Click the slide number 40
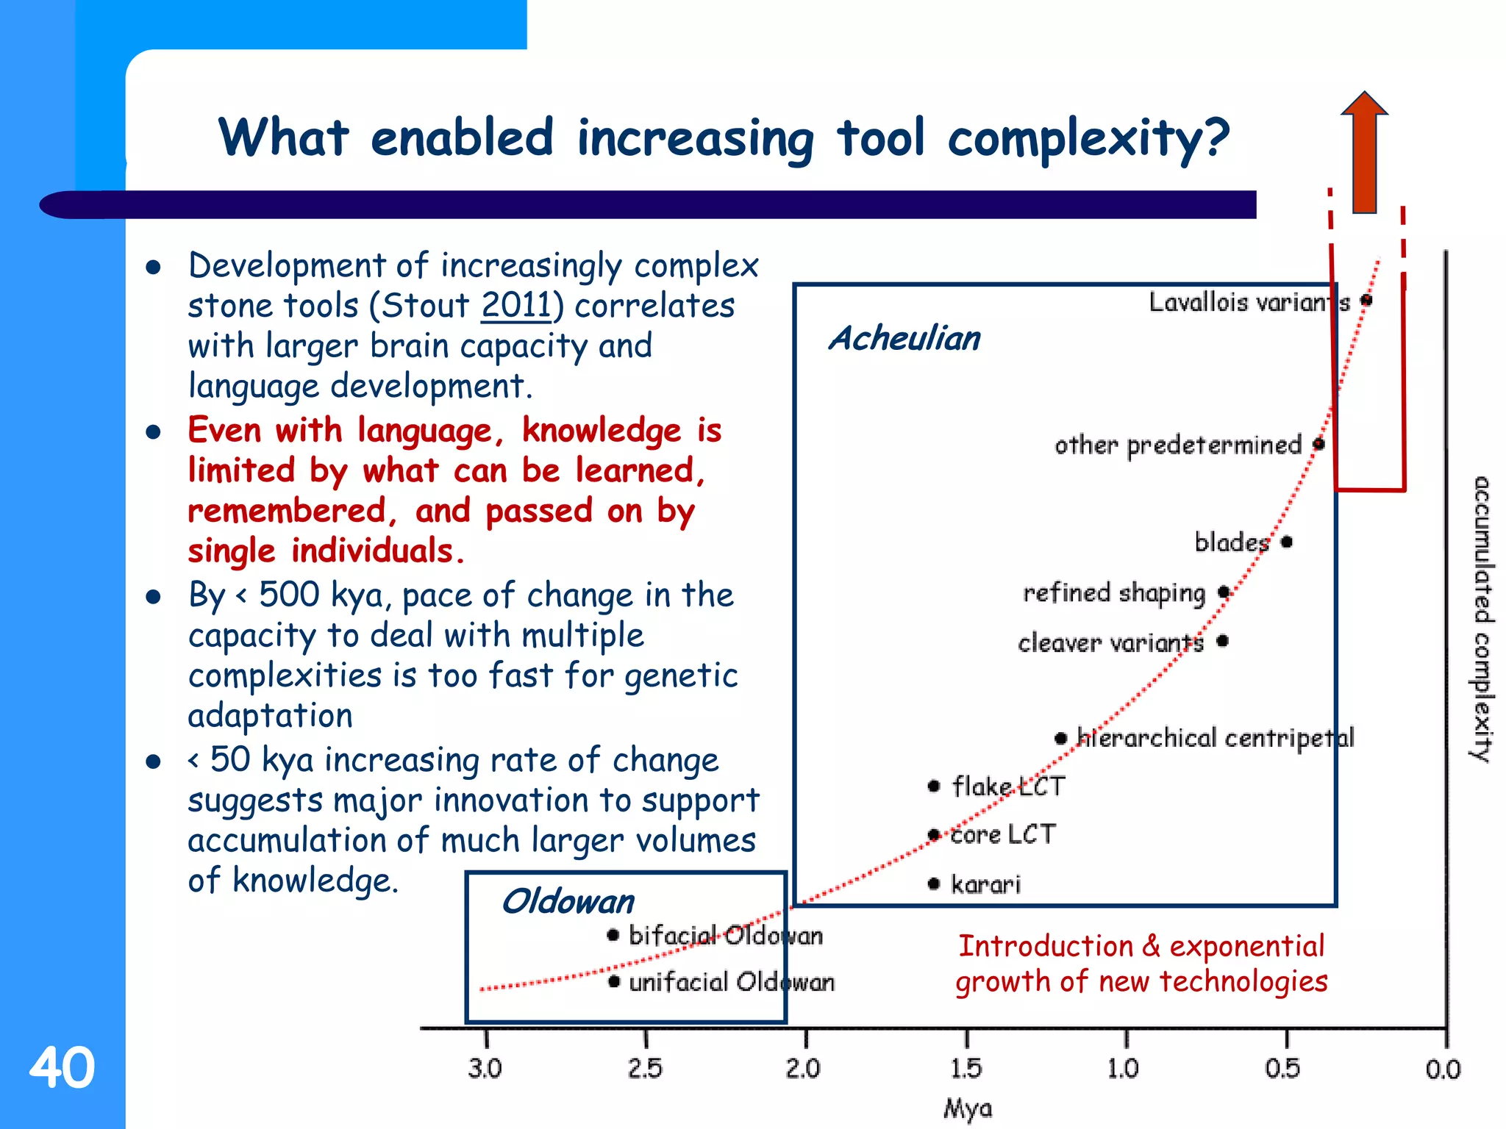pyautogui.click(x=62, y=1067)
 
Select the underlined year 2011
pyautogui.click(x=516, y=306)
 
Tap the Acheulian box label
pyautogui.click(x=904, y=339)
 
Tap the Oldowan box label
pyautogui.click(x=568, y=902)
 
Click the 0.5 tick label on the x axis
pyautogui.click(x=1282, y=1069)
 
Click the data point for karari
pyautogui.click(x=934, y=884)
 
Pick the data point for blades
pyautogui.click(x=1286, y=542)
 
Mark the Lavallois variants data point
pyautogui.click(x=1366, y=300)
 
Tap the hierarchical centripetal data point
pyautogui.click(x=1060, y=738)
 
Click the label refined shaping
pyautogui.click(x=1114, y=593)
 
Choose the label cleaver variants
pyautogui.click(x=1110, y=643)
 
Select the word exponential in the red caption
pyautogui.click(x=1247, y=947)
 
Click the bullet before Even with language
pyautogui.click(x=153, y=432)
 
